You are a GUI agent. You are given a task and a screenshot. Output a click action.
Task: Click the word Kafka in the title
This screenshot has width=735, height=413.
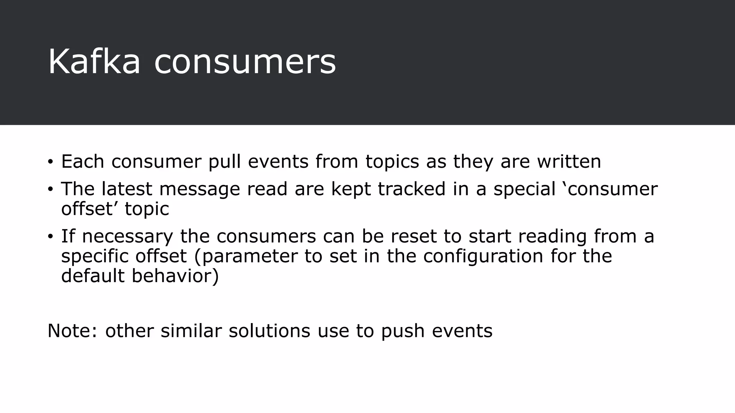(x=94, y=62)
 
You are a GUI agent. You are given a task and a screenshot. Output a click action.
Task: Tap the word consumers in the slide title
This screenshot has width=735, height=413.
(x=245, y=62)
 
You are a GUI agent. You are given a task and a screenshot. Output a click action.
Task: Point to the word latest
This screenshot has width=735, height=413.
(x=127, y=189)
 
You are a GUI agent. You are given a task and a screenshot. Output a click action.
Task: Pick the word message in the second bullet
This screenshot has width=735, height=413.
(x=200, y=190)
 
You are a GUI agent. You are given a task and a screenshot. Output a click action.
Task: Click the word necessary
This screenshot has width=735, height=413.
(x=127, y=237)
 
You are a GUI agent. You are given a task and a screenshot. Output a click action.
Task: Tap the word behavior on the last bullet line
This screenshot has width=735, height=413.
(x=175, y=276)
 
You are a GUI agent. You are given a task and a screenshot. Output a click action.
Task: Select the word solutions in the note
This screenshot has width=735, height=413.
(x=269, y=331)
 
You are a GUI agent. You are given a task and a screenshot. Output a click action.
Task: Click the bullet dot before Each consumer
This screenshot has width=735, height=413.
(x=51, y=162)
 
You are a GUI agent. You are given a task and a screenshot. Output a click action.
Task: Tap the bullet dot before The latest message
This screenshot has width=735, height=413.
(x=51, y=190)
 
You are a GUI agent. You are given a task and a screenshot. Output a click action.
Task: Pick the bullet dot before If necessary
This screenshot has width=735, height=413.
(x=51, y=237)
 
